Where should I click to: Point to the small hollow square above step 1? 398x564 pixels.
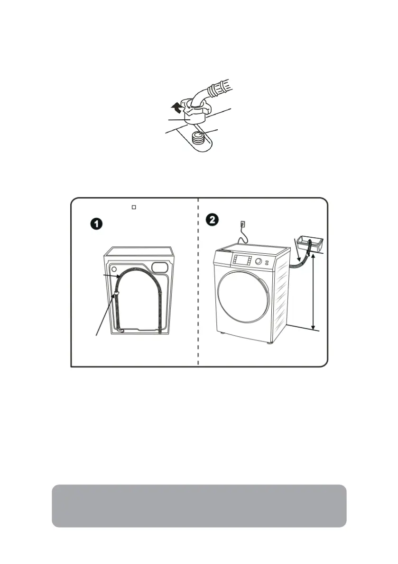[134, 207]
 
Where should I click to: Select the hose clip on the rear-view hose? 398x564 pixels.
[115, 295]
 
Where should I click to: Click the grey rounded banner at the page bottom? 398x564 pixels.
[199, 506]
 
